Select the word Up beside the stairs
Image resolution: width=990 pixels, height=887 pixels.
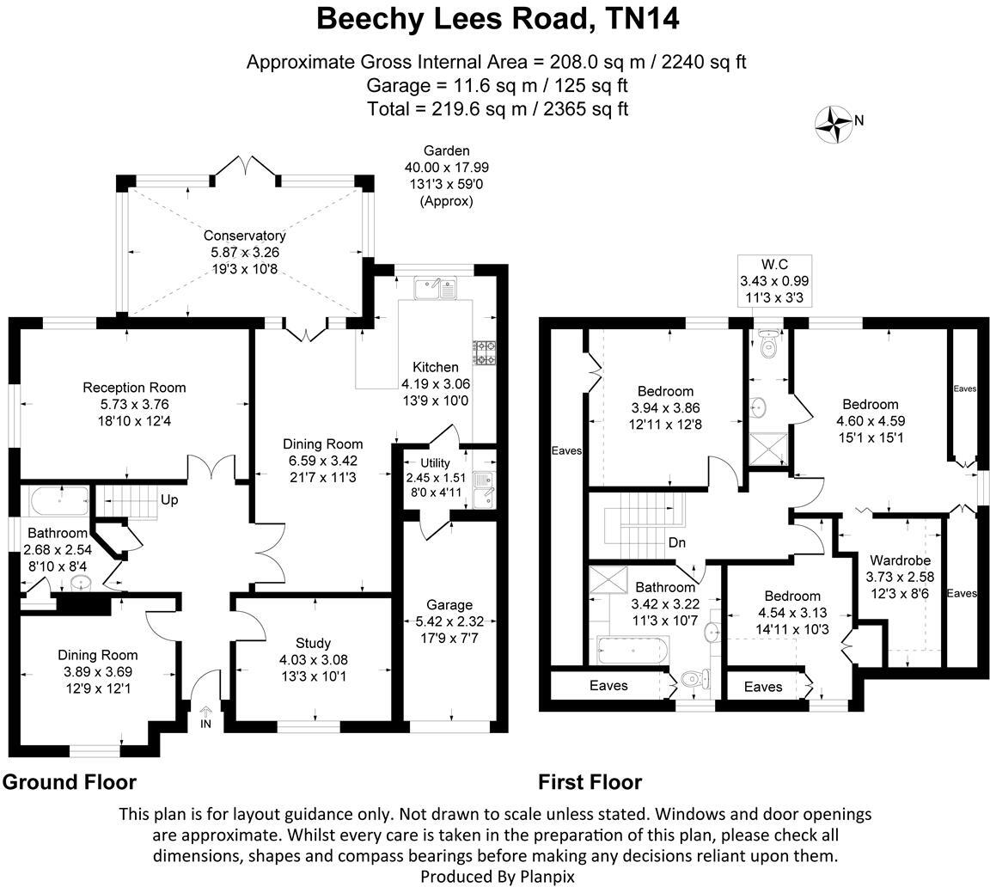168,499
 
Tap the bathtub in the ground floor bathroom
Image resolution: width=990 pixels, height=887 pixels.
58,500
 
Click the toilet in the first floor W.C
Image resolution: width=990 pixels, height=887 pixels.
768,344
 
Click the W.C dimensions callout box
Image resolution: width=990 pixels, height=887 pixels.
773,280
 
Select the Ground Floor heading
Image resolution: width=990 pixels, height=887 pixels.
69,782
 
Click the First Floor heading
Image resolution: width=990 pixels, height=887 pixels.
590,782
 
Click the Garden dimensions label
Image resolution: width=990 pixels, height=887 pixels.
446,175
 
